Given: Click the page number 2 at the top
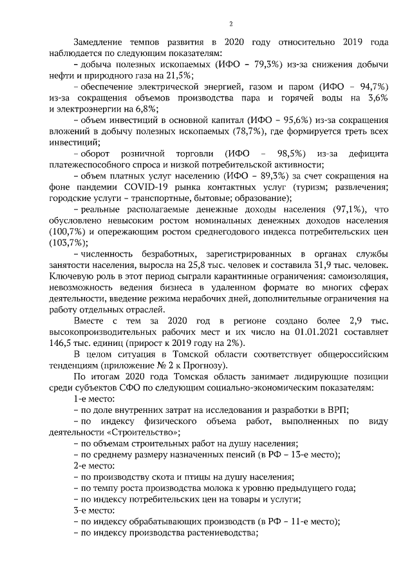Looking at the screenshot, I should click(x=230, y=24).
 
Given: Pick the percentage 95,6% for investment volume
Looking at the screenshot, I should click(x=279, y=120).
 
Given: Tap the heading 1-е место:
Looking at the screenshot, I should click(x=94, y=399).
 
